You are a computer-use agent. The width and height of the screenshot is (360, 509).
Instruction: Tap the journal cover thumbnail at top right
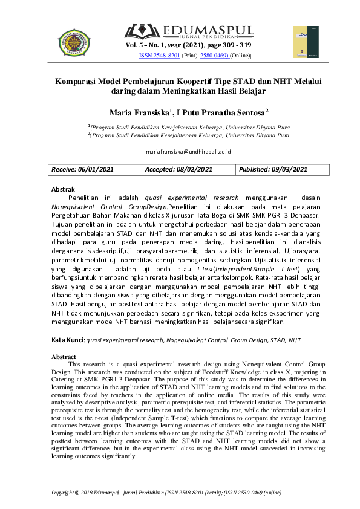[x=306, y=42]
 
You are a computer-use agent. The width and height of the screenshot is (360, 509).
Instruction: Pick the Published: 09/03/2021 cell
[x=273, y=169]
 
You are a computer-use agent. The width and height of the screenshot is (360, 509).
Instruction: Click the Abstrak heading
[x=64, y=189]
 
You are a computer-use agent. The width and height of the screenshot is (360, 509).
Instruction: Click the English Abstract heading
[x=65, y=357]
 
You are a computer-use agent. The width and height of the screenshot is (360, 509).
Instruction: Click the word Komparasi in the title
[x=78, y=80]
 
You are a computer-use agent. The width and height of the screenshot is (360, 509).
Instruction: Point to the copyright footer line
[x=166, y=493]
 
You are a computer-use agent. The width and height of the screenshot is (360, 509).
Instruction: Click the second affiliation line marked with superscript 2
[x=188, y=135]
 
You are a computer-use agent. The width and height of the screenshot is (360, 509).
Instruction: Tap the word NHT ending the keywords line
[x=295, y=340]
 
